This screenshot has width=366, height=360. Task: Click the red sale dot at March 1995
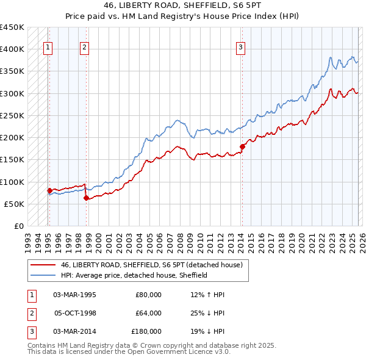point(49,190)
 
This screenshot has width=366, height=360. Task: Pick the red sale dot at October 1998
point(85,198)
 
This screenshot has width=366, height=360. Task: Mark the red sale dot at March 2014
point(242,146)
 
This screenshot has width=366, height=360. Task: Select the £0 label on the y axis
point(18,226)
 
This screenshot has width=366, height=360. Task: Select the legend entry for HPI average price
point(134,275)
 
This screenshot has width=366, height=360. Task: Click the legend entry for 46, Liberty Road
point(152,265)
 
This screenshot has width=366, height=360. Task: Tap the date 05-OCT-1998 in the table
point(75,313)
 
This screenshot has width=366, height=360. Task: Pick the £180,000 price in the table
point(146,331)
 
